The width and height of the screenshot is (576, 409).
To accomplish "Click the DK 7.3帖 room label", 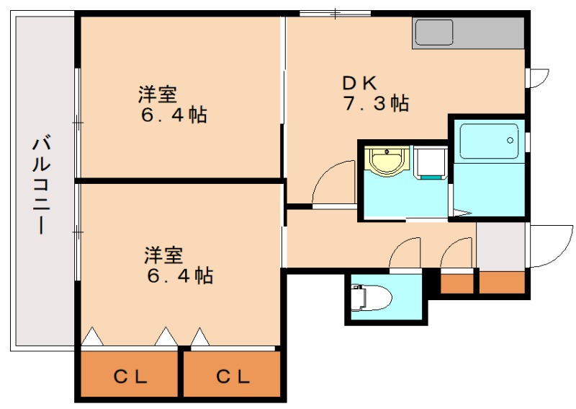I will (x=374, y=92).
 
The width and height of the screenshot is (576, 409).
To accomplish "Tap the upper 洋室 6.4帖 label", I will (x=173, y=105).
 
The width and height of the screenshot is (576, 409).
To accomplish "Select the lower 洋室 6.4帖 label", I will (x=178, y=265).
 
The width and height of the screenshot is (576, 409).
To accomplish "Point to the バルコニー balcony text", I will (x=41, y=185).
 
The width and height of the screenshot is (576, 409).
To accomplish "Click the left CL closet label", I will (x=130, y=376).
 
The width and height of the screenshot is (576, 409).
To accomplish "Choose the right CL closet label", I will (x=233, y=376).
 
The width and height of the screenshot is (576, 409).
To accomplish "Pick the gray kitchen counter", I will (x=468, y=33).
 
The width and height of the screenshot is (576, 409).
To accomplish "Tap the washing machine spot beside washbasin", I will (x=430, y=162).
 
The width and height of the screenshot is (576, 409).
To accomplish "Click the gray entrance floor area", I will (x=502, y=246).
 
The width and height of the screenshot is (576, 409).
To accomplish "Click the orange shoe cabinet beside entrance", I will (x=502, y=282).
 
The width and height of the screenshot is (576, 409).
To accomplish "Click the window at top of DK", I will (x=335, y=13).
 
